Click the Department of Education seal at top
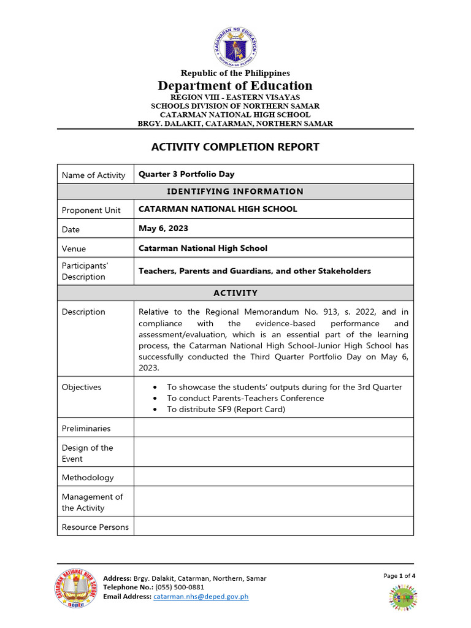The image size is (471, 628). coord(235,47)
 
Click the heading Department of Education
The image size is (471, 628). coord(235,86)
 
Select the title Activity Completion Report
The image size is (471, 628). coord(235,147)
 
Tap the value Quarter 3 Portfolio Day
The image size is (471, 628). coord(186,174)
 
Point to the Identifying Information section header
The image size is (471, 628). coord(235,191)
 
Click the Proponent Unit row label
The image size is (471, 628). coord(91,210)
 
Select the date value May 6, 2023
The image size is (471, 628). coord(163,228)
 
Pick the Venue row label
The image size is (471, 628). coord(74,248)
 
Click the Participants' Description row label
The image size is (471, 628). coord(85,271)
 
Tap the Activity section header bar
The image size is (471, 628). coord(235,293)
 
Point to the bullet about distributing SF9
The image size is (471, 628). coord(226,409)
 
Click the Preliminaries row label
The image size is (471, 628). coord(86,428)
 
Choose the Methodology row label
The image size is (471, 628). coord(88,477)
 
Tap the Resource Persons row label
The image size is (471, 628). coord(95,527)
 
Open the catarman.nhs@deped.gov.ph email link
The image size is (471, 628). coord(201,597)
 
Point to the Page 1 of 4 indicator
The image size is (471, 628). coord(399,576)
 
